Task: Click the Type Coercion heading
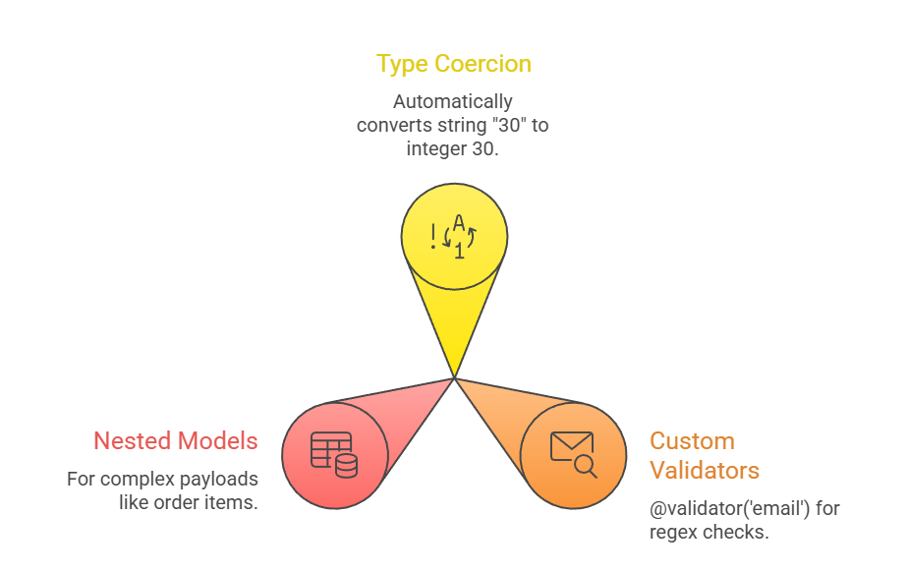[x=453, y=64]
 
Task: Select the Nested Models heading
[x=175, y=441]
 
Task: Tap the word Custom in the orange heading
[x=692, y=441]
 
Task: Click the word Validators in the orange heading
[x=705, y=470]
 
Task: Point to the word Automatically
[x=453, y=101]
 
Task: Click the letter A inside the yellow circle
[x=458, y=224]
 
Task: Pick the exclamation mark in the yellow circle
[x=433, y=236]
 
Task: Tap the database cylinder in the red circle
[x=346, y=465]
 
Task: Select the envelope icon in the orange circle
[x=571, y=446]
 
